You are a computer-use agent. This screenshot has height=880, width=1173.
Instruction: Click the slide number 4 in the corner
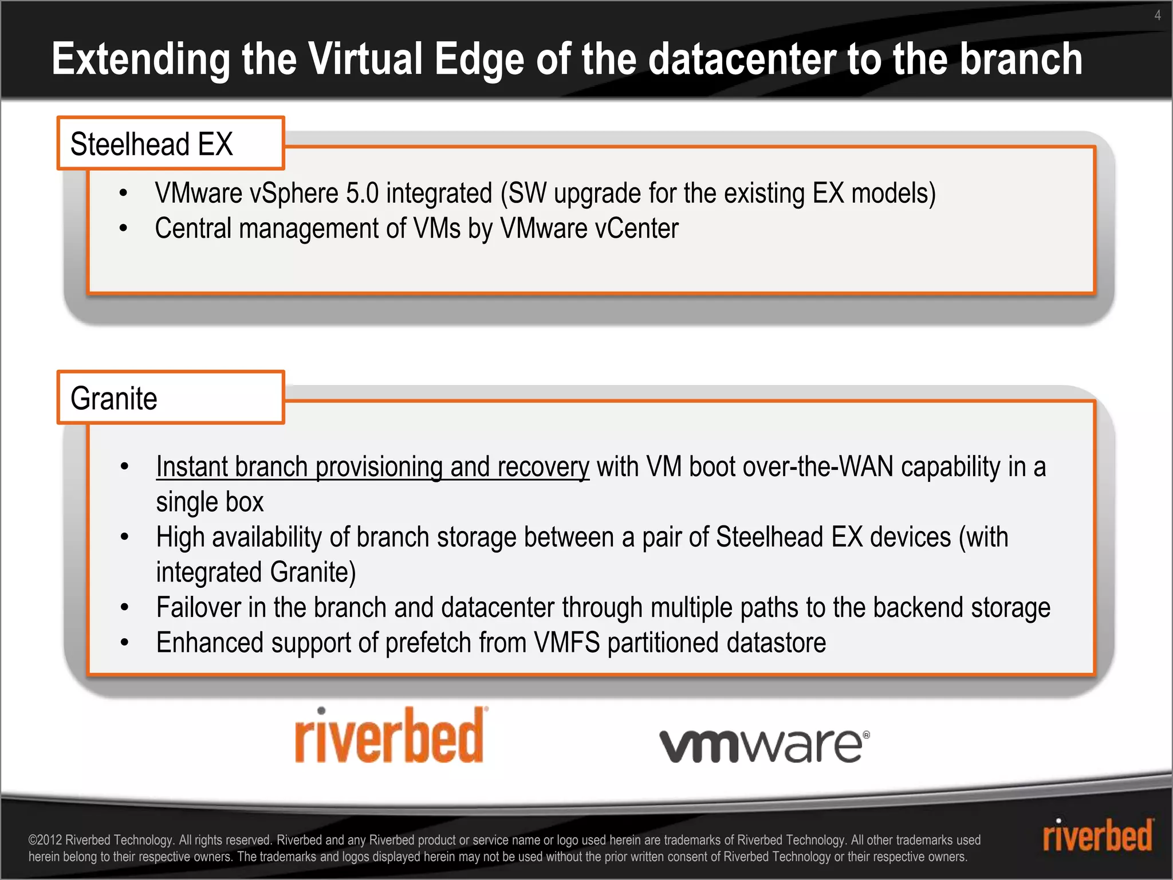[1158, 15]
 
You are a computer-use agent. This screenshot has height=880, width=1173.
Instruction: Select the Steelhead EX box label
[152, 144]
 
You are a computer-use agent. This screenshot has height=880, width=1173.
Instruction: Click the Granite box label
[114, 398]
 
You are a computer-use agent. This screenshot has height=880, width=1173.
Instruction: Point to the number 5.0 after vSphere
[363, 193]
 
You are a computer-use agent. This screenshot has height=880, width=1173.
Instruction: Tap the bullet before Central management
[123, 229]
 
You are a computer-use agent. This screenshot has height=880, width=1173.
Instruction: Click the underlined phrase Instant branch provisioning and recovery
[372, 466]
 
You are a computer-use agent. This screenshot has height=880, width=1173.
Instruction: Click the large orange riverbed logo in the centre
[389, 736]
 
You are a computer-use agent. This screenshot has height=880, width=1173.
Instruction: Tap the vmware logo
[762, 745]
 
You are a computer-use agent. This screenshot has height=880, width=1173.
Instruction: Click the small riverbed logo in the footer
[1097, 835]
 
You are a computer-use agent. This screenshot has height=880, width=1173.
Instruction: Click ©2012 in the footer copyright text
[45, 840]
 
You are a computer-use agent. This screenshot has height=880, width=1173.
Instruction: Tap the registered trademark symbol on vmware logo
[866, 734]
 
